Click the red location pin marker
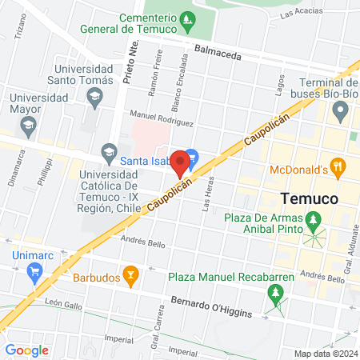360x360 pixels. point(180,163)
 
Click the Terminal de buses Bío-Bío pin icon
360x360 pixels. point(342,110)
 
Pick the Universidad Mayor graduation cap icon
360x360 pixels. point(28,125)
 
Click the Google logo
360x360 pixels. point(27,349)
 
